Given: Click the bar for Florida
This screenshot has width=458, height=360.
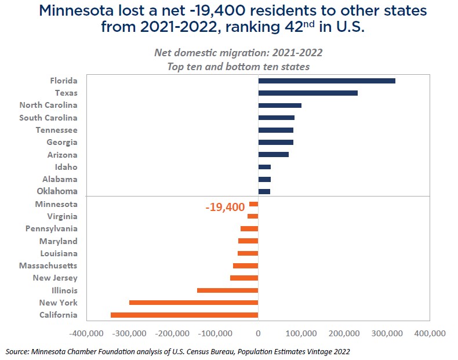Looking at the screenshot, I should coord(326,81).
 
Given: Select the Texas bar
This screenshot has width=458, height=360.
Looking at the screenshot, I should coord(308,93).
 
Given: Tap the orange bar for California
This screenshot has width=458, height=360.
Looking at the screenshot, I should coord(184,315).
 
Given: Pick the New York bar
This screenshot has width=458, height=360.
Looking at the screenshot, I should coord(194,303).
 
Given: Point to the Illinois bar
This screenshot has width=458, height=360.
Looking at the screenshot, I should coord(227,290).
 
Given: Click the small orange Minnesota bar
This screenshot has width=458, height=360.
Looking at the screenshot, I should coord(253,204).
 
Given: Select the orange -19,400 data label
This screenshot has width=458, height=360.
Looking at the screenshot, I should coord(225,207).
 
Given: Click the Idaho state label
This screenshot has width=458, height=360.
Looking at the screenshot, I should coord(66,167).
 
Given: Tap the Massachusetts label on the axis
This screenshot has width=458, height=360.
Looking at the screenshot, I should coord(48,266).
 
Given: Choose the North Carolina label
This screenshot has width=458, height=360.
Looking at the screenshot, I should coord(48,105).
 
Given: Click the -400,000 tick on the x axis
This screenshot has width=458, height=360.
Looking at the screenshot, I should coord(86,334).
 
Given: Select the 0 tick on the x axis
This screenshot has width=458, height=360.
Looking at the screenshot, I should coord(258,334).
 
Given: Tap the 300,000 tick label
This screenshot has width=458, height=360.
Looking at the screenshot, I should coord(387,334).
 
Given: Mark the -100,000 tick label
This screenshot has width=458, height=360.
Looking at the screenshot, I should coord(215,334).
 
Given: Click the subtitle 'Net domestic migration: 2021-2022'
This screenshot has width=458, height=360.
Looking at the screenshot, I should coord(238,53).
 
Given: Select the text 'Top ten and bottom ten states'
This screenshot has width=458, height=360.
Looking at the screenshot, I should coord(238,67).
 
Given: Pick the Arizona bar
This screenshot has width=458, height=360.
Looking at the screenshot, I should coord(273,155).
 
